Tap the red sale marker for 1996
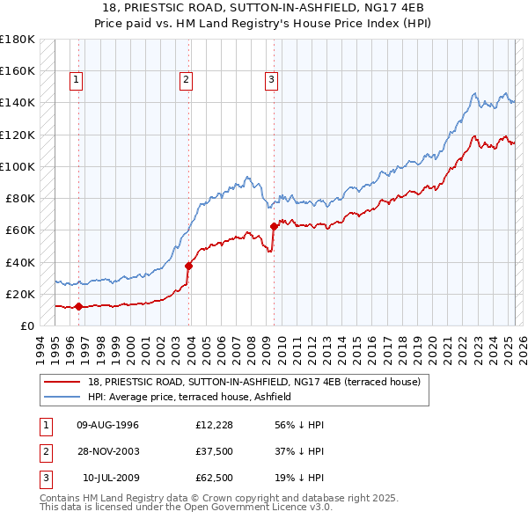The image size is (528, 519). [x=79, y=306]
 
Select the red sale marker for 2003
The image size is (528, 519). [x=189, y=266]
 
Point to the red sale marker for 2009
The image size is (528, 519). [x=274, y=226]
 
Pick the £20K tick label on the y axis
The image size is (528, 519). [x=20, y=294]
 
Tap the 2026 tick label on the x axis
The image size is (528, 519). [x=521, y=348]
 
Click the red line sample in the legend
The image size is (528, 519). [x=62, y=382]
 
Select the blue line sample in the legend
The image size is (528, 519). [x=62, y=397]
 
